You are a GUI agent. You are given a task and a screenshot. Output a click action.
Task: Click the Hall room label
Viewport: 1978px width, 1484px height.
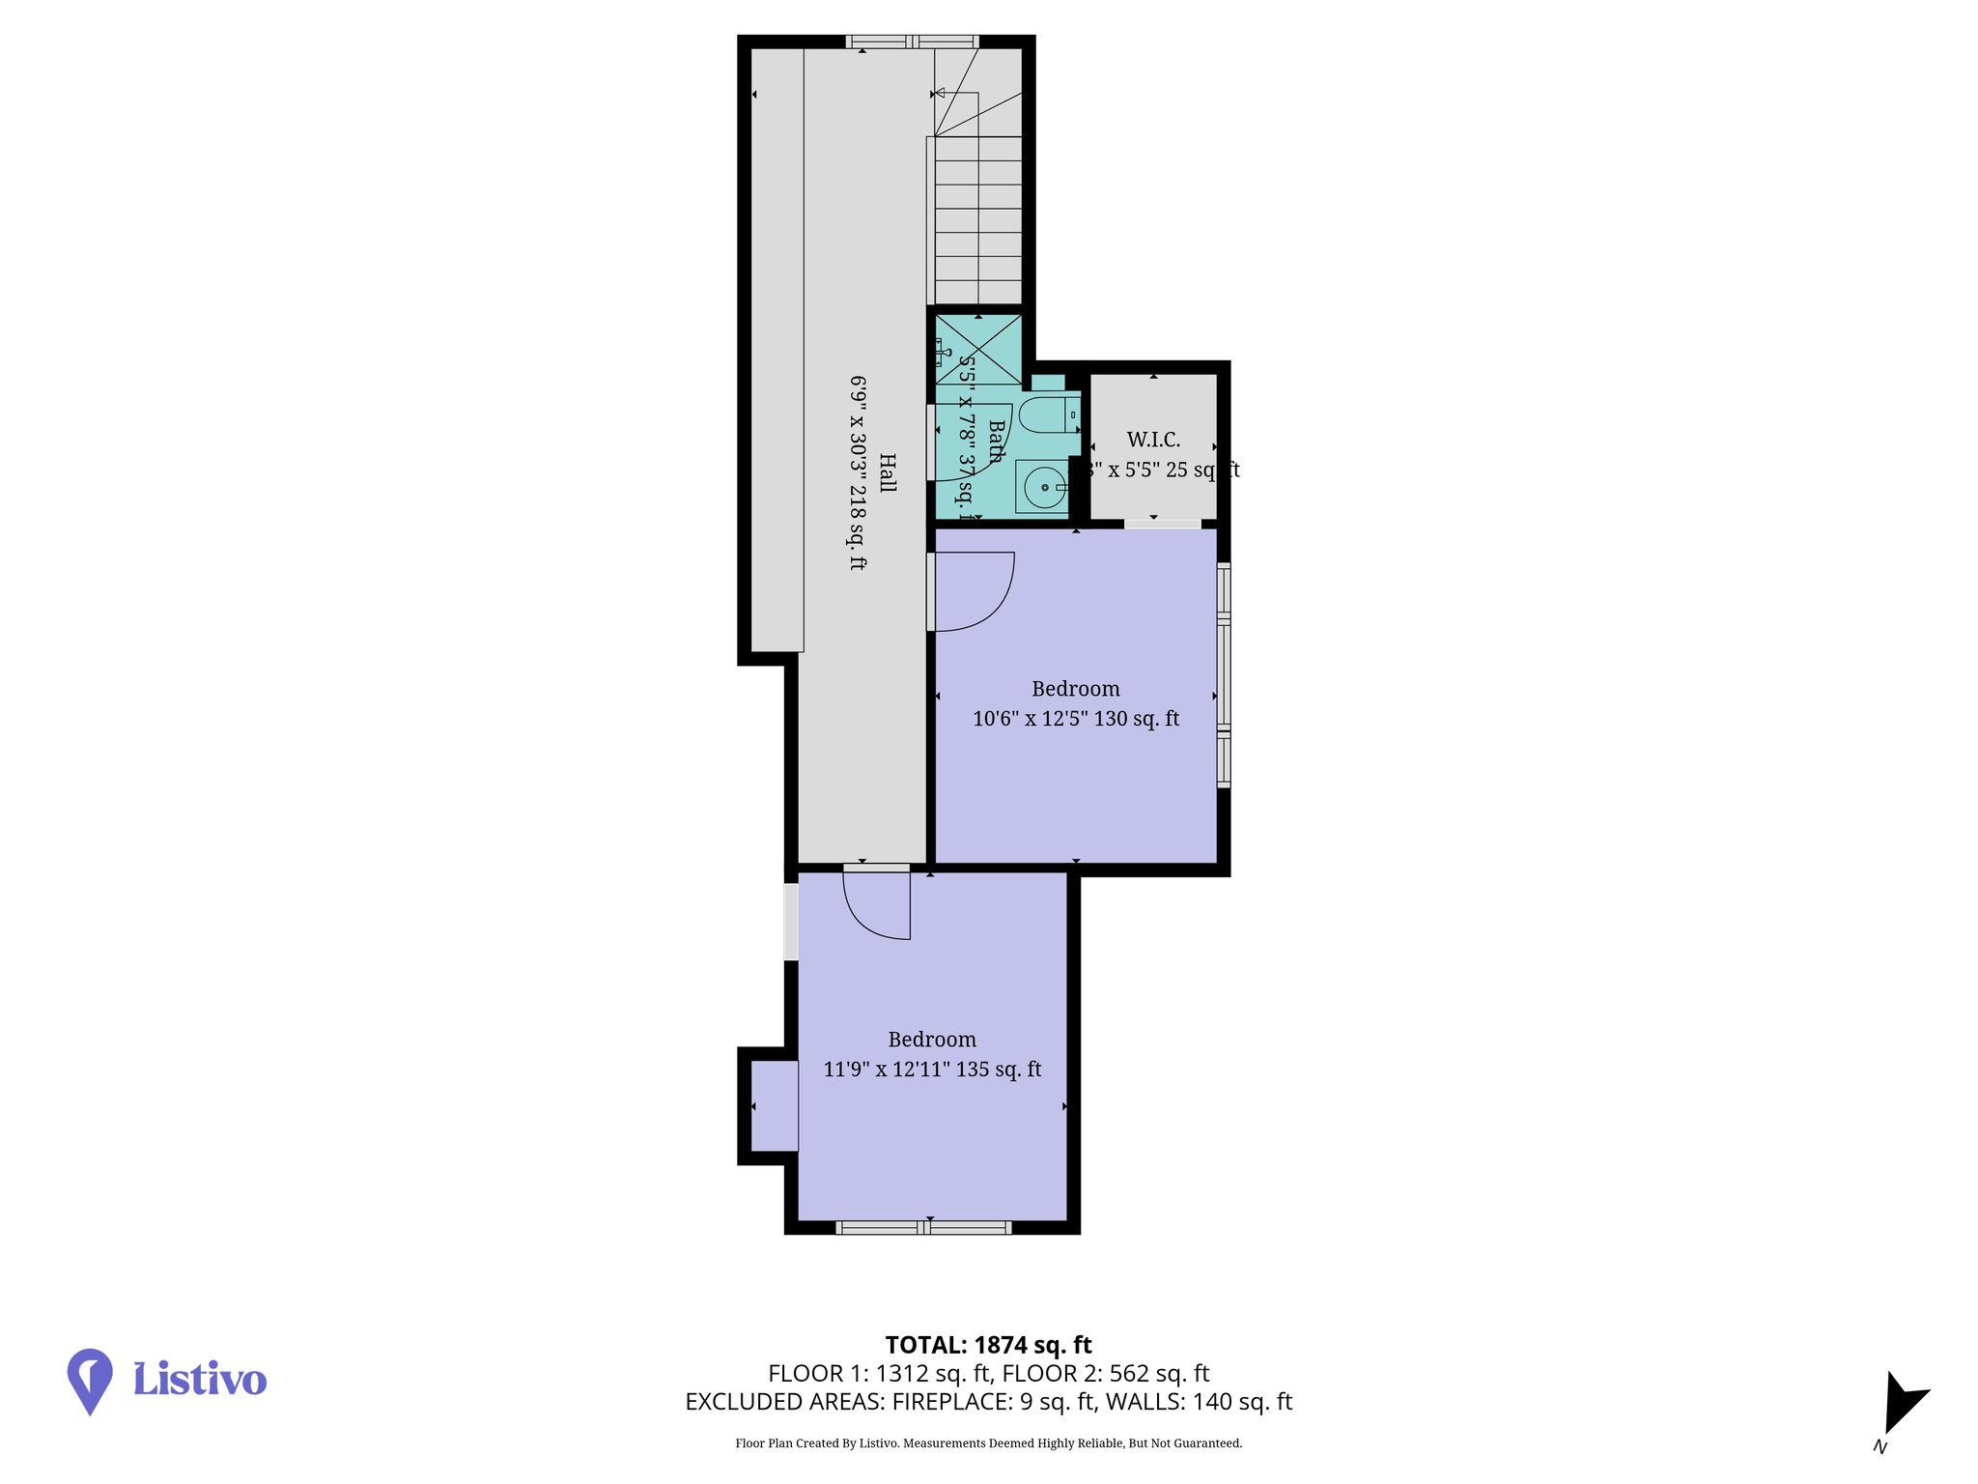[887, 472]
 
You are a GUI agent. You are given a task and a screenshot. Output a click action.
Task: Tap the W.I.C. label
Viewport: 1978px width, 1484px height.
[1153, 441]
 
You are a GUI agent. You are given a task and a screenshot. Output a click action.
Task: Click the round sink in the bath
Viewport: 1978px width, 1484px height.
[1043, 487]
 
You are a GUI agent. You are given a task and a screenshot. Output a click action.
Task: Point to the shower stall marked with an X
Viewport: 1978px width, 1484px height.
[978, 350]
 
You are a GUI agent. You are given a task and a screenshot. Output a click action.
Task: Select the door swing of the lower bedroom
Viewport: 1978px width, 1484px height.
[877, 904]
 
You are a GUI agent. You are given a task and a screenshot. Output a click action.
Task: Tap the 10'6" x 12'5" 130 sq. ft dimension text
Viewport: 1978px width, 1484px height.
[1075, 719]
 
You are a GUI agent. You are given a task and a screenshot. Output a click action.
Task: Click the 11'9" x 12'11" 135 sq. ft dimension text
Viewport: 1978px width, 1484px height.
[932, 1070]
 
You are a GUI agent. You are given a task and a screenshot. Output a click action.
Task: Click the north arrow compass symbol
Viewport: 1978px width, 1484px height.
[1902, 1405]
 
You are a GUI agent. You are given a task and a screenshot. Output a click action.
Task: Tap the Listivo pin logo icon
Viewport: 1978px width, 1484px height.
[90, 1380]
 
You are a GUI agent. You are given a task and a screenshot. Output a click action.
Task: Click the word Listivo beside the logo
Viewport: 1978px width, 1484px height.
[199, 1380]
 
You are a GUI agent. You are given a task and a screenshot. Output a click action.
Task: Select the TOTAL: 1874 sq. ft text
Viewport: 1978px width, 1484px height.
[988, 1345]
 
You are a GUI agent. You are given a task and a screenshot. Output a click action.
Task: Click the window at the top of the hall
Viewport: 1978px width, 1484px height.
[913, 42]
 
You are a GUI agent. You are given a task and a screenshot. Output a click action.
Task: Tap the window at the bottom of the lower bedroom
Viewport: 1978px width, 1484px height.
[923, 1227]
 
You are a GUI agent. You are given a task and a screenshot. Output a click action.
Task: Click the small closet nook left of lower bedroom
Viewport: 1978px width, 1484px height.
[775, 1106]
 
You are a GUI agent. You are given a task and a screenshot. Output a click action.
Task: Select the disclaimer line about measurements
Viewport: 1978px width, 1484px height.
[988, 1443]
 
